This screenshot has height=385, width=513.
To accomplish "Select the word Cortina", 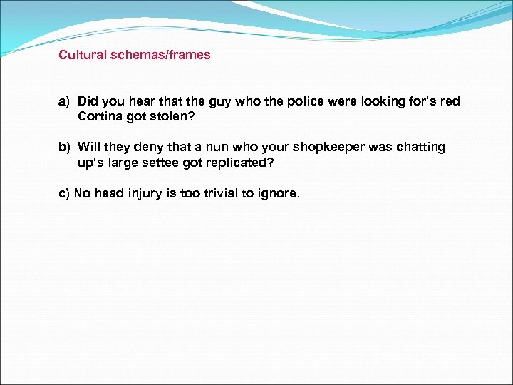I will (x=100, y=115).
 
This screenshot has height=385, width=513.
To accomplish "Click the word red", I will (x=450, y=101).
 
